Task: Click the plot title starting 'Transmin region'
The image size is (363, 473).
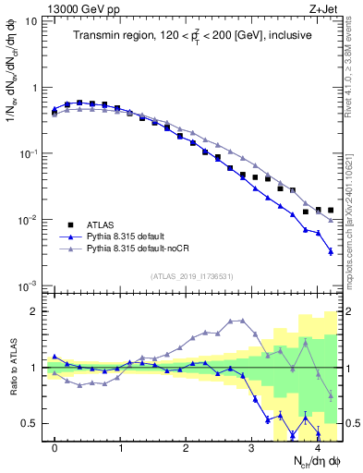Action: pos(191,35)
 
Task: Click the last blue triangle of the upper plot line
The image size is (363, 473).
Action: pos(331,251)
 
